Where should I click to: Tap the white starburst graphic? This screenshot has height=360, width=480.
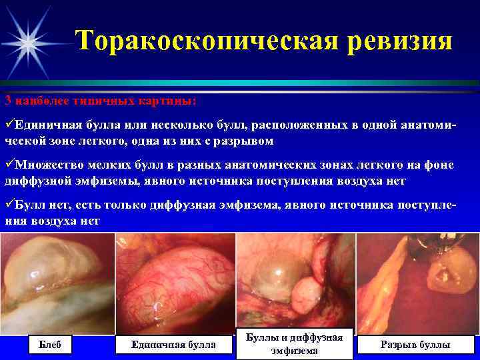(29, 40)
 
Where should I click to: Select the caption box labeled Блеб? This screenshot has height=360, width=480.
(50, 344)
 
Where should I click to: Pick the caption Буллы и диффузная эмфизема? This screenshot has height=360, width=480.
(295, 344)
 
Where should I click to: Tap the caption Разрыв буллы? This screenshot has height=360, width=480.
(415, 344)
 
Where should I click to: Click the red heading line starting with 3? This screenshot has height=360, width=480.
(100, 101)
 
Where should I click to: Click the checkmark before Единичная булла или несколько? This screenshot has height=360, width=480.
(9, 125)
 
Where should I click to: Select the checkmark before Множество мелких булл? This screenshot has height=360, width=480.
(9, 165)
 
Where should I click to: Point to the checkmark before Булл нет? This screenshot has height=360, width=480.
(9, 204)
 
